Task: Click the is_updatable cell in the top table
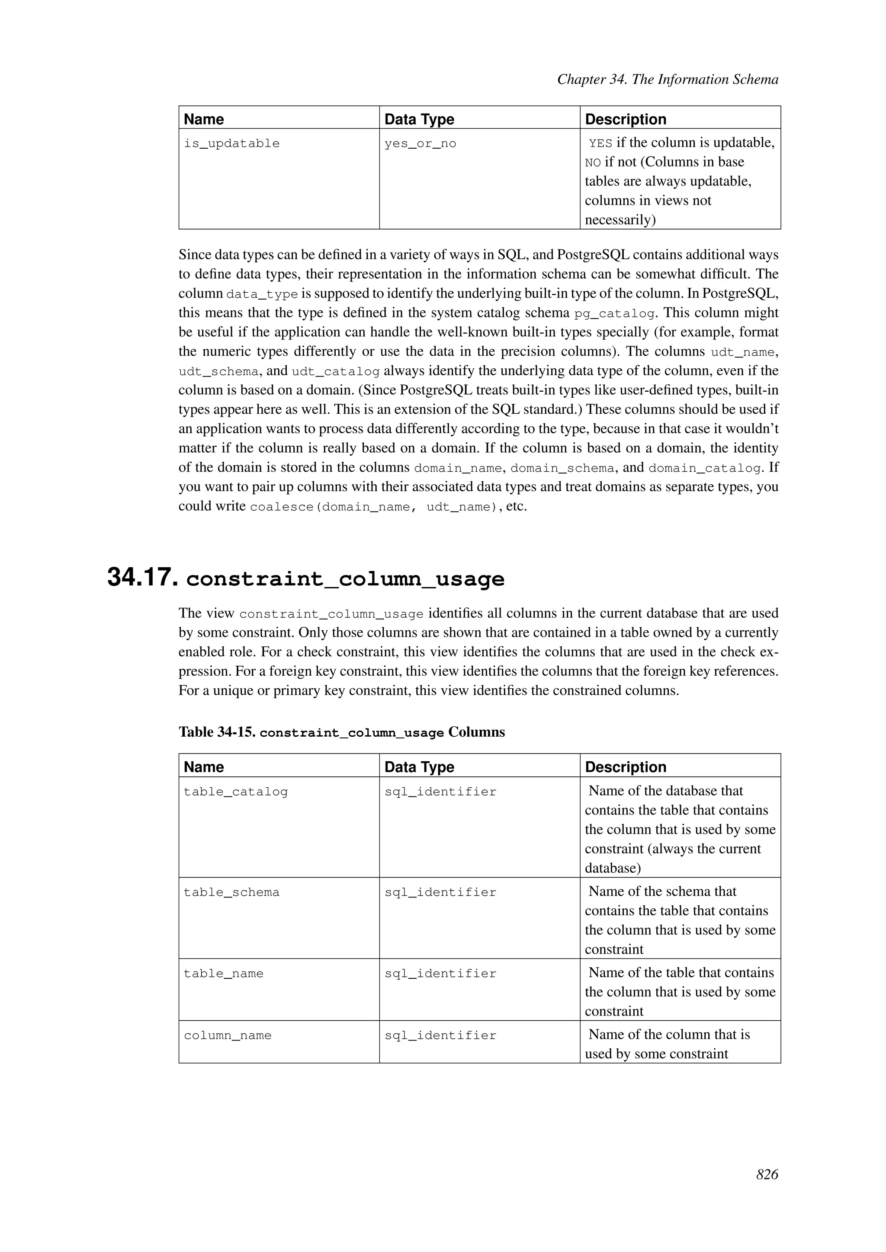pos(231,144)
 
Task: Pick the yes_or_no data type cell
pos(420,144)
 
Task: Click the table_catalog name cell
pos(236,792)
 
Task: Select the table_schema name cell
pos(231,893)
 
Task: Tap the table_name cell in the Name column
pos(223,974)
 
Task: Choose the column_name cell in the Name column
pos(228,1035)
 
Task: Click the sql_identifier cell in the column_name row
pos(440,1035)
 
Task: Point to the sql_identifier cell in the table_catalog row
pos(440,792)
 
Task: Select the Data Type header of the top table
pos(419,119)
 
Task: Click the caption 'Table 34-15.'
pos(217,732)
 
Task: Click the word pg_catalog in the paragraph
pos(614,313)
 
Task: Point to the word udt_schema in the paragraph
pos(218,372)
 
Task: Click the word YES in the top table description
pos(600,144)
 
